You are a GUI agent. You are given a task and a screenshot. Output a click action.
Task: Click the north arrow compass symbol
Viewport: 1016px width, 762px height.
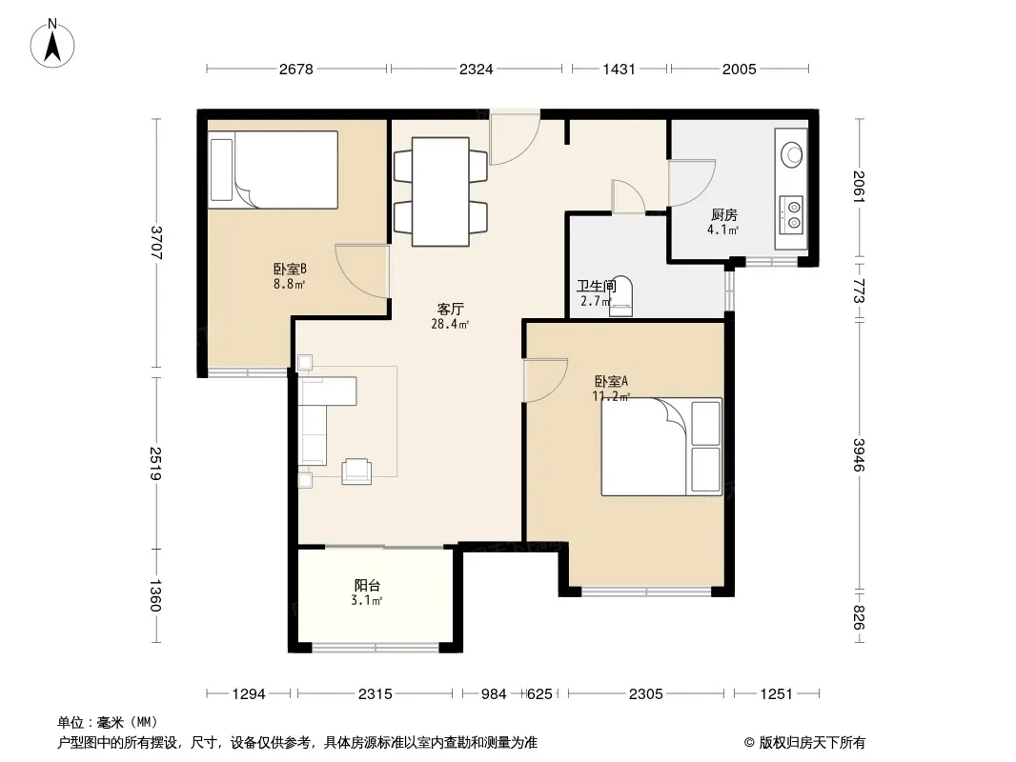pyautogui.click(x=52, y=44)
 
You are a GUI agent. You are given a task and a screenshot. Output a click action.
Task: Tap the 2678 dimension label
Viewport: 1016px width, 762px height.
pyautogui.click(x=296, y=70)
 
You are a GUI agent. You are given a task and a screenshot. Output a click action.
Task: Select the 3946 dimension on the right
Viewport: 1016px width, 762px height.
pyautogui.click(x=859, y=455)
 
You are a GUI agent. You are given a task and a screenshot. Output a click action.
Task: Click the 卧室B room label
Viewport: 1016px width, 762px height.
pyautogui.click(x=290, y=269)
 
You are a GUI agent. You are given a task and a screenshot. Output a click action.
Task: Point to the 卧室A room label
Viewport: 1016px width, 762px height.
pyautogui.click(x=611, y=382)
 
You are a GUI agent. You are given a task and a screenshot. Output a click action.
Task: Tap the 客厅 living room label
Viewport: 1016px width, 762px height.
pyautogui.click(x=450, y=309)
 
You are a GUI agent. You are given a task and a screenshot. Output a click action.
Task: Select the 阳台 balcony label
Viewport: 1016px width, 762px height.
pyautogui.click(x=367, y=585)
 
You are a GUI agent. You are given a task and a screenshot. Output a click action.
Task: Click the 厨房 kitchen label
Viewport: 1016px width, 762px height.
pyautogui.click(x=723, y=215)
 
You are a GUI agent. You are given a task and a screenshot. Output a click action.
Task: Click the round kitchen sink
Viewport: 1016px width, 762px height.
pyautogui.click(x=791, y=154)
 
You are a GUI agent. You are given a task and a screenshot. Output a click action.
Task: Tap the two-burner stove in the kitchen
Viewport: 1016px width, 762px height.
pyautogui.click(x=791, y=215)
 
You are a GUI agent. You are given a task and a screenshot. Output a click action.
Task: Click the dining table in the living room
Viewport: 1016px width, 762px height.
pyautogui.click(x=440, y=191)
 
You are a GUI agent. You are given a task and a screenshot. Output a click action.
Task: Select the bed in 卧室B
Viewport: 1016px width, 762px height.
pyautogui.click(x=274, y=170)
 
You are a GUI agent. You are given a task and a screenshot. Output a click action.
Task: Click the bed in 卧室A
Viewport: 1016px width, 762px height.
pyautogui.click(x=661, y=447)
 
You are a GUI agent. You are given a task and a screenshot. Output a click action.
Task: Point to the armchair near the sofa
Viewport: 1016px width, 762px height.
pyautogui.click(x=357, y=471)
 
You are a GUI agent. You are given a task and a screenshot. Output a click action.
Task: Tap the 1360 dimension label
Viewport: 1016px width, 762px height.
pyautogui.click(x=155, y=595)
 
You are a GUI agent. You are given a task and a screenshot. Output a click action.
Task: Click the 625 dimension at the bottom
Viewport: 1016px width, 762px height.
pyautogui.click(x=539, y=694)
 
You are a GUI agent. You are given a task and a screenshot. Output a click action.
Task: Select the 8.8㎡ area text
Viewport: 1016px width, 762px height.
pyautogui.click(x=290, y=284)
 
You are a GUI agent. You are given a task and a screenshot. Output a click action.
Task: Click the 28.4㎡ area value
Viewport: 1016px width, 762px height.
pyautogui.click(x=450, y=324)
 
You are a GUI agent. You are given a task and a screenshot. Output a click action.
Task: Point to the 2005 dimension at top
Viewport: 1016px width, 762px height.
pyautogui.click(x=740, y=70)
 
